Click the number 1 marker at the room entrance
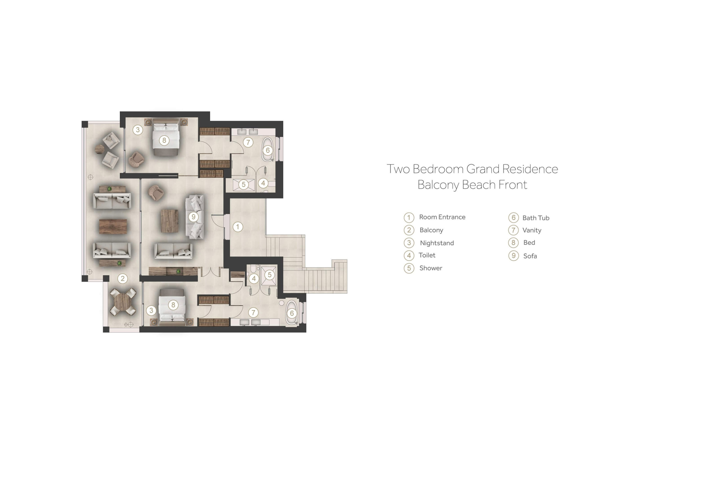[237, 227]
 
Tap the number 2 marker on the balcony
[123, 279]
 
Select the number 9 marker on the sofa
[193, 217]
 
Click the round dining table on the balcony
[123, 302]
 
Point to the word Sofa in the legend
[530, 256]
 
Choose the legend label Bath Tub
[536, 218]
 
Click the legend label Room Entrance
[442, 217]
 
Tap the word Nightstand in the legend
[437, 243]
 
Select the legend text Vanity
[532, 230]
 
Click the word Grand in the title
[483, 169]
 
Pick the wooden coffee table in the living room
[170, 221]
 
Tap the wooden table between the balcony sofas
[113, 226]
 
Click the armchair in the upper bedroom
[136, 159]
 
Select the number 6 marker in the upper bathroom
[268, 150]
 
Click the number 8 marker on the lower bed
[173, 305]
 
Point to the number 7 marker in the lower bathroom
[253, 312]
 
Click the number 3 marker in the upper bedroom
[138, 130]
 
